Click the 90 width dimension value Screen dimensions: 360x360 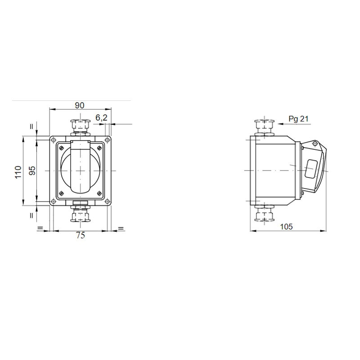[x=80, y=105]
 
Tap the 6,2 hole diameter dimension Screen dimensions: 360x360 [x=102, y=118]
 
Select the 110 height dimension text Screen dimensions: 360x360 [x=18, y=172]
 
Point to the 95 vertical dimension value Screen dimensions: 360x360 [x=32, y=171]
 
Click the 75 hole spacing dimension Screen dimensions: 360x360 [x=81, y=235]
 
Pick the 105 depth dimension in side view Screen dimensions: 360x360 [x=286, y=227]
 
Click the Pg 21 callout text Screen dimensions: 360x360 [x=298, y=119]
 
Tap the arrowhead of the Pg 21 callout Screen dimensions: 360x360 [x=278, y=124]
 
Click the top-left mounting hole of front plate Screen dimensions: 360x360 [x=53, y=140]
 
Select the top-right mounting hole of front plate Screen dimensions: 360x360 [x=107, y=140]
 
